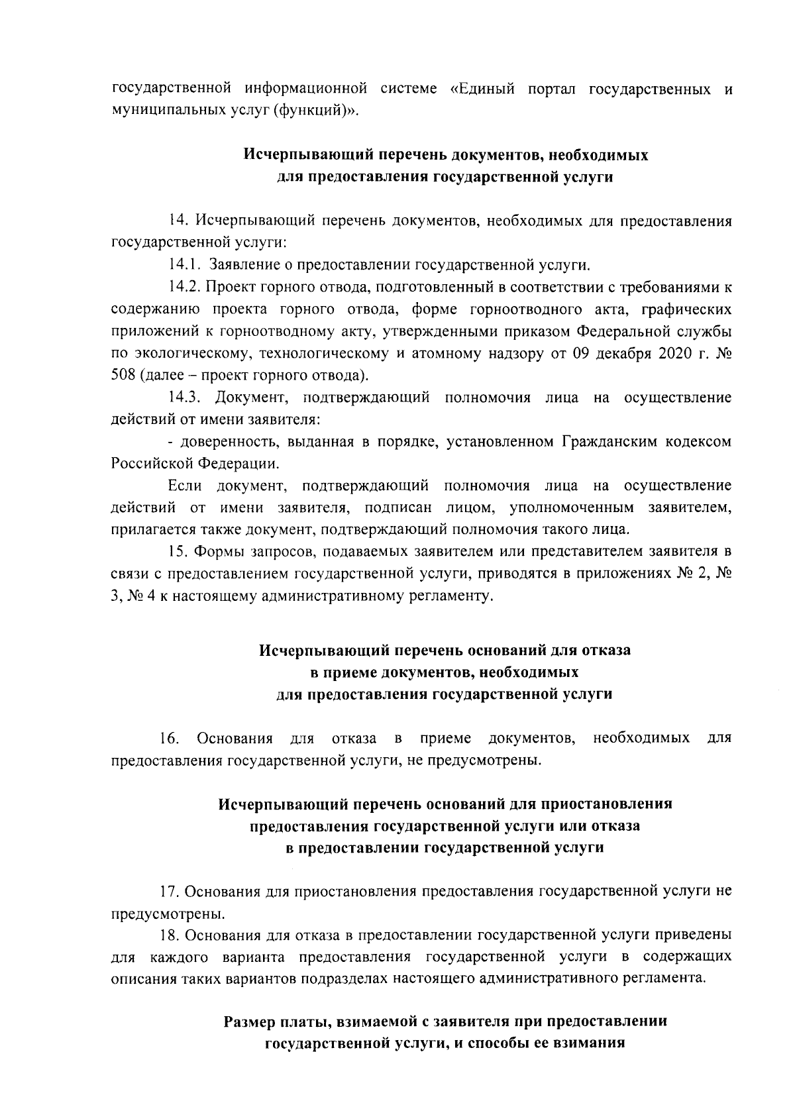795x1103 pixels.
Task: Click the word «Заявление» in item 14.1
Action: (242, 266)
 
